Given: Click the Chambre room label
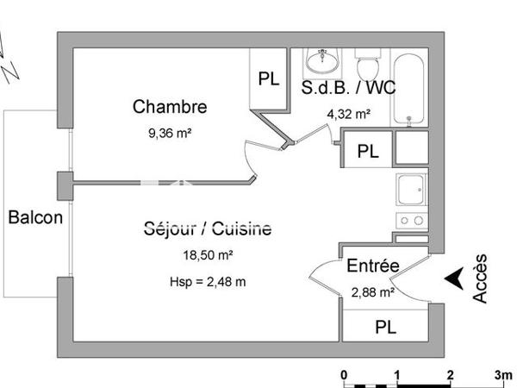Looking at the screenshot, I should [x=170, y=107].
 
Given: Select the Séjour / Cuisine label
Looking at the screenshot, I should [x=207, y=229].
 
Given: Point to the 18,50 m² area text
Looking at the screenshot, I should [x=207, y=256].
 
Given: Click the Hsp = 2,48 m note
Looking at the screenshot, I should [x=207, y=281].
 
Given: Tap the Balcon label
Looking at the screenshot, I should [x=35, y=217].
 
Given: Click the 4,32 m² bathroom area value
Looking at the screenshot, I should [x=348, y=113].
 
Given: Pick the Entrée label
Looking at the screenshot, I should [x=372, y=267].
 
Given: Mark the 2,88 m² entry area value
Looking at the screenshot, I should [x=372, y=293].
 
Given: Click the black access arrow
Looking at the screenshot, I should [x=454, y=279].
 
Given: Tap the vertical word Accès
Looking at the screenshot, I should [x=481, y=278].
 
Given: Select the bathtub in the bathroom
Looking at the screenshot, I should [x=408, y=89].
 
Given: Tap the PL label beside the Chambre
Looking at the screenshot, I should [x=268, y=78].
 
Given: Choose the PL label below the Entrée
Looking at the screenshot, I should [x=385, y=328].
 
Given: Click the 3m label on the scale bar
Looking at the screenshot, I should [x=503, y=375].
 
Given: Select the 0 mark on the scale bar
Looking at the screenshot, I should [x=344, y=375].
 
